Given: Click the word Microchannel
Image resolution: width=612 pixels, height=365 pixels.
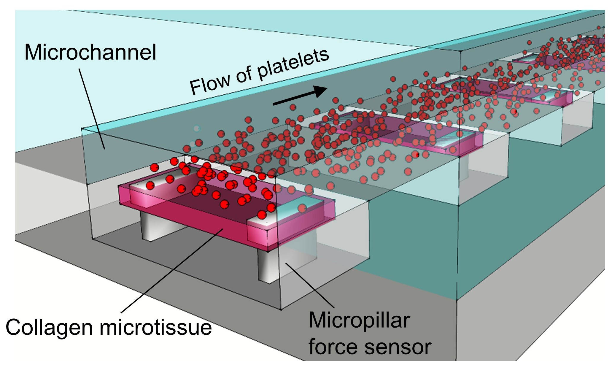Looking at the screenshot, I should (x=90, y=52).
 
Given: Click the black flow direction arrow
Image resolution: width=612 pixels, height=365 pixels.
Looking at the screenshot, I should (x=300, y=95).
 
